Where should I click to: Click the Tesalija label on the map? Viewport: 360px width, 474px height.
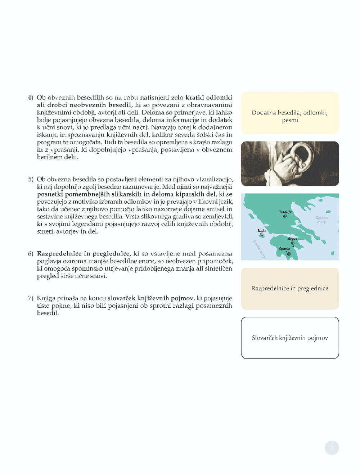(x=285, y=212)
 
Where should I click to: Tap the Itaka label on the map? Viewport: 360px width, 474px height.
(x=262, y=230)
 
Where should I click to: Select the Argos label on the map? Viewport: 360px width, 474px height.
(x=292, y=239)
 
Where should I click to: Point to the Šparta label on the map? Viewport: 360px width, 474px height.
(x=284, y=248)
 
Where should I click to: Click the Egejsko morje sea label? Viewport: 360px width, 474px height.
(x=322, y=220)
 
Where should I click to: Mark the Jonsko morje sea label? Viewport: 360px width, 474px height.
(x=258, y=249)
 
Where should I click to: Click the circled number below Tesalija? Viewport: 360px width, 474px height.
(x=285, y=216)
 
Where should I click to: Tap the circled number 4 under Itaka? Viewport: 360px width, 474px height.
(x=262, y=235)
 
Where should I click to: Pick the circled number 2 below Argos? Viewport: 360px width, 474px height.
(x=293, y=243)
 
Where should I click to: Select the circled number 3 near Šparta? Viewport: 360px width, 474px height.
(x=288, y=254)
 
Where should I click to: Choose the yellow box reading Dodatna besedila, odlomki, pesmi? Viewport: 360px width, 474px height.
(x=290, y=113)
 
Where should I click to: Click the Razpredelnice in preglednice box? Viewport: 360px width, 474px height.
(x=290, y=288)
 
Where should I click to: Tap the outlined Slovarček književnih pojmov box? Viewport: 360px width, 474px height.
(x=290, y=338)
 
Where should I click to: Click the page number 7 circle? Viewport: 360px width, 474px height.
(x=332, y=448)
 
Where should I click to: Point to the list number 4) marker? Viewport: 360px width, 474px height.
(x=31, y=98)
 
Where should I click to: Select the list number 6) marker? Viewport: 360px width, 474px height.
(x=31, y=254)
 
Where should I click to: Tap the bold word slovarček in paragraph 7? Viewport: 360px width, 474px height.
(x=121, y=298)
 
